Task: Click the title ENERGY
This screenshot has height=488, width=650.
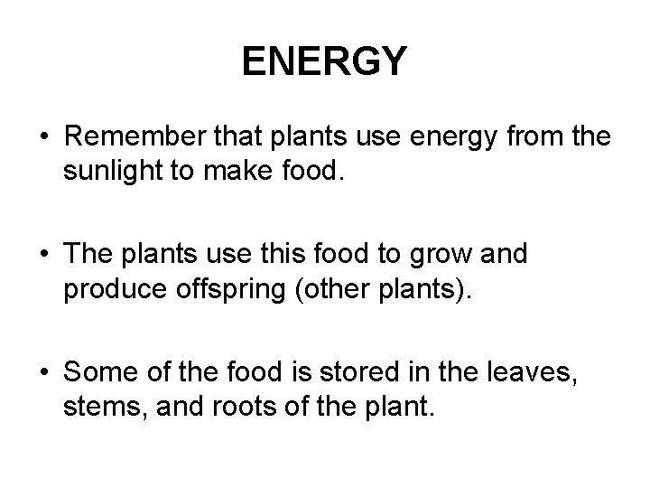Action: point(325,61)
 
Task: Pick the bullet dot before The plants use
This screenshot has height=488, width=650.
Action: point(42,255)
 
